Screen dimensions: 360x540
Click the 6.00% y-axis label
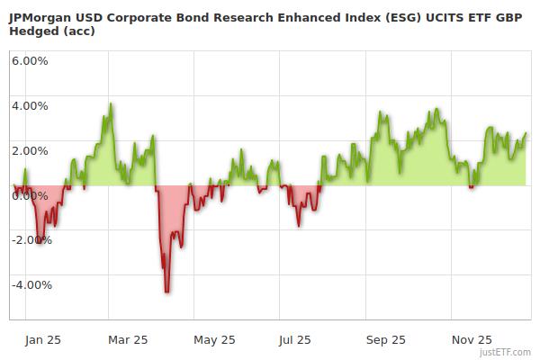(30, 60)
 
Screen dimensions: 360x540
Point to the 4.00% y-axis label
(30, 105)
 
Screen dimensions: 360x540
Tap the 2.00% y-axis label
(30, 150)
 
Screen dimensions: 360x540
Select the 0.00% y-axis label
(30, 195)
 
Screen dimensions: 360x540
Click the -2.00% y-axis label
(31, 240)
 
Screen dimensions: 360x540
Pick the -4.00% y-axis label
(31, 285)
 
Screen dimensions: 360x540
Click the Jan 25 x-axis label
(42, 339)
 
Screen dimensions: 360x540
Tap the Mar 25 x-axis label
(127, 339)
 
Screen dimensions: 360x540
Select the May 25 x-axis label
(214, 339)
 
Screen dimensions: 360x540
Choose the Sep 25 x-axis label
(386, 339)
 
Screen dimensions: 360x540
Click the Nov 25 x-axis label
(472, 339)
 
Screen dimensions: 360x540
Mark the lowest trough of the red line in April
(167, 292)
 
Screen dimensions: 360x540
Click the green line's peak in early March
(111, 103)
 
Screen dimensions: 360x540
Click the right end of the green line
(526, 133)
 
